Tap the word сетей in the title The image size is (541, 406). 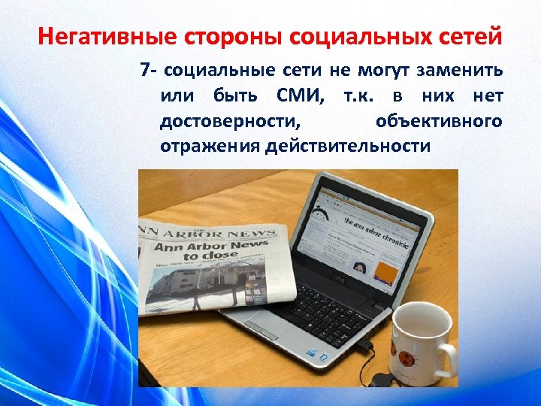coord(472,35)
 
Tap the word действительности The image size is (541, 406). coord(347,146)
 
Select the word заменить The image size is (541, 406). coord(461,72)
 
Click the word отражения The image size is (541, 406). coord(210,146)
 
